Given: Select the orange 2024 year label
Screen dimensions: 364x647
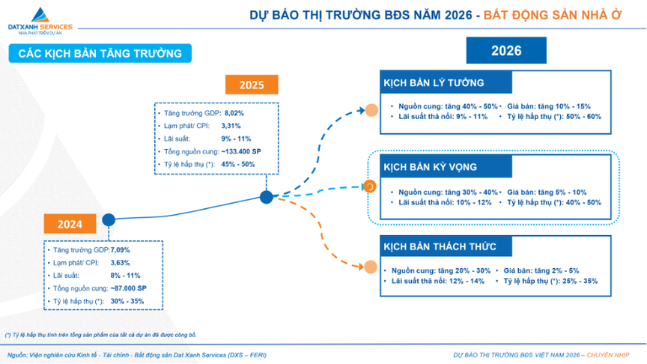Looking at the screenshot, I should (x=70, y=223).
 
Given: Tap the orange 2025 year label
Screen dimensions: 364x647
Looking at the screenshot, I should (x=252, y=84).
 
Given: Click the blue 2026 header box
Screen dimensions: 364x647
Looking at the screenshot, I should (x=506, y=51).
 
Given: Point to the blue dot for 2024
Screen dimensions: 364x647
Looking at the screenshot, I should (x=109, y=219).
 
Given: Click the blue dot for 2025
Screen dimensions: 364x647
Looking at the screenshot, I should (x=266, y=197).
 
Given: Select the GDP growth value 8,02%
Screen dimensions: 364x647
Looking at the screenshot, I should (x=234, y=112).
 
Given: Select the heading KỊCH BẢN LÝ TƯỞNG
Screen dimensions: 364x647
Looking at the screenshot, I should (x=434, y=82).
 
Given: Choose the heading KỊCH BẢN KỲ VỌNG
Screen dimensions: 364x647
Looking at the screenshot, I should (x=430, y=166).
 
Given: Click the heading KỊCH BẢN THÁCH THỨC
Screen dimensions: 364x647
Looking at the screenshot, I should (x=439, y=246).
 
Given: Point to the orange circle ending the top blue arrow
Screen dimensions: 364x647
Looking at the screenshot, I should (x=371, y=110).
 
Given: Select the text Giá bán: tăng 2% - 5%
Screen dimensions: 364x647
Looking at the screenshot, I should (x=541, y=270).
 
